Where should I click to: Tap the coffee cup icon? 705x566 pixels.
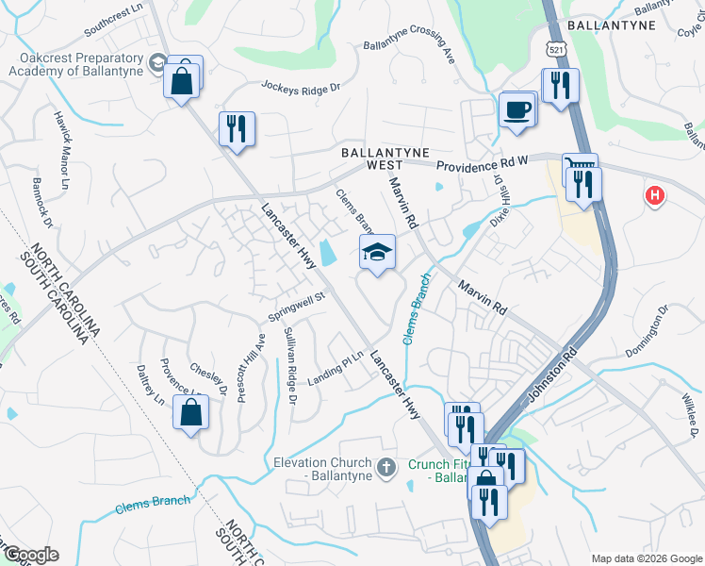click(x=516, y=109)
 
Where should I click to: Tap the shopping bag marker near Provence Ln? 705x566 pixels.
click(x=191, y=412)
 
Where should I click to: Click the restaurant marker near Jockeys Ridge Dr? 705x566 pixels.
click(x=237, y=128)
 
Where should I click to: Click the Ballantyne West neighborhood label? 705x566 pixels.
click(x=385, y=158)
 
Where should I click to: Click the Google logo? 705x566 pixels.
click(x=31, y=555)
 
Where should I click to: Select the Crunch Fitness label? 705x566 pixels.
click(x=438, y=471)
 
